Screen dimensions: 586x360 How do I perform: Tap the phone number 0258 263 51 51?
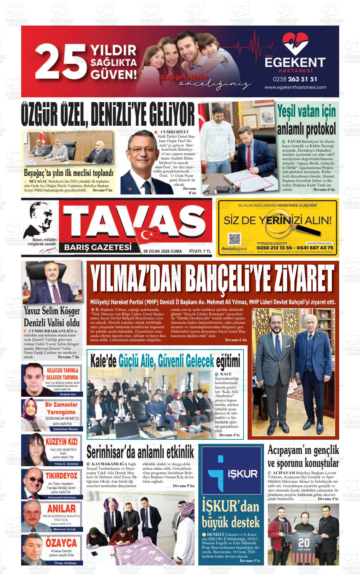(295, 79)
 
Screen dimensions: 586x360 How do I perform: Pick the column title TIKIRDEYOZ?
(62, 476)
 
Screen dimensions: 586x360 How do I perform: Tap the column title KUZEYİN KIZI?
(62, 441)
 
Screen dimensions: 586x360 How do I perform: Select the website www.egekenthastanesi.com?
(295, 88)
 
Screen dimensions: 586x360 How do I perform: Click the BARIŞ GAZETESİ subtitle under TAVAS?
(98, 247)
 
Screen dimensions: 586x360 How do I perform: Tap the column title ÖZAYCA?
(61, 543)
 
